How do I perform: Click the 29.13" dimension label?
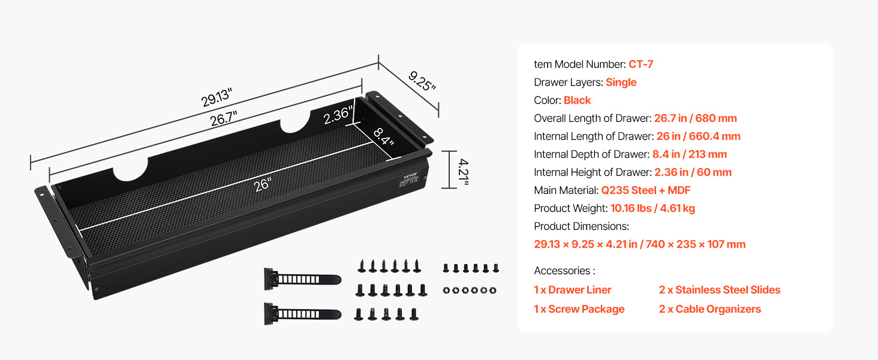[x=217, y=97]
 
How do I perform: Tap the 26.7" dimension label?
[x=224, y=118]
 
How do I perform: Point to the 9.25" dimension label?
[x=422, y=81]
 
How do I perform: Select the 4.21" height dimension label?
[x=464, y=172]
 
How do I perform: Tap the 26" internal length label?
[x=263, y=185]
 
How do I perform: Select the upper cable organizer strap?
[x=302, y=279]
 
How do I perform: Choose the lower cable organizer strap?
[x=302, y=313]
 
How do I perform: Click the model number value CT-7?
[x=641, y=64]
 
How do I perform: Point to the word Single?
[x=621, y=82]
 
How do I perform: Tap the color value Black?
[x=577, y=100]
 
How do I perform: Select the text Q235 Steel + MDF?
[x=645, y=190]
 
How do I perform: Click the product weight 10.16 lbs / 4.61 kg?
[x=653, y=208]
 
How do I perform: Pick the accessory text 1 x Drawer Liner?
[x=572, y=290]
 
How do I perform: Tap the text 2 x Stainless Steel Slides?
[x=719, y=290]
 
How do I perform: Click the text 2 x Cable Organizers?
[x=710, y=309]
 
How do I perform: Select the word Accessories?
[x=562, y=271]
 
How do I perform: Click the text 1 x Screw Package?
[x=579, y=309]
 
